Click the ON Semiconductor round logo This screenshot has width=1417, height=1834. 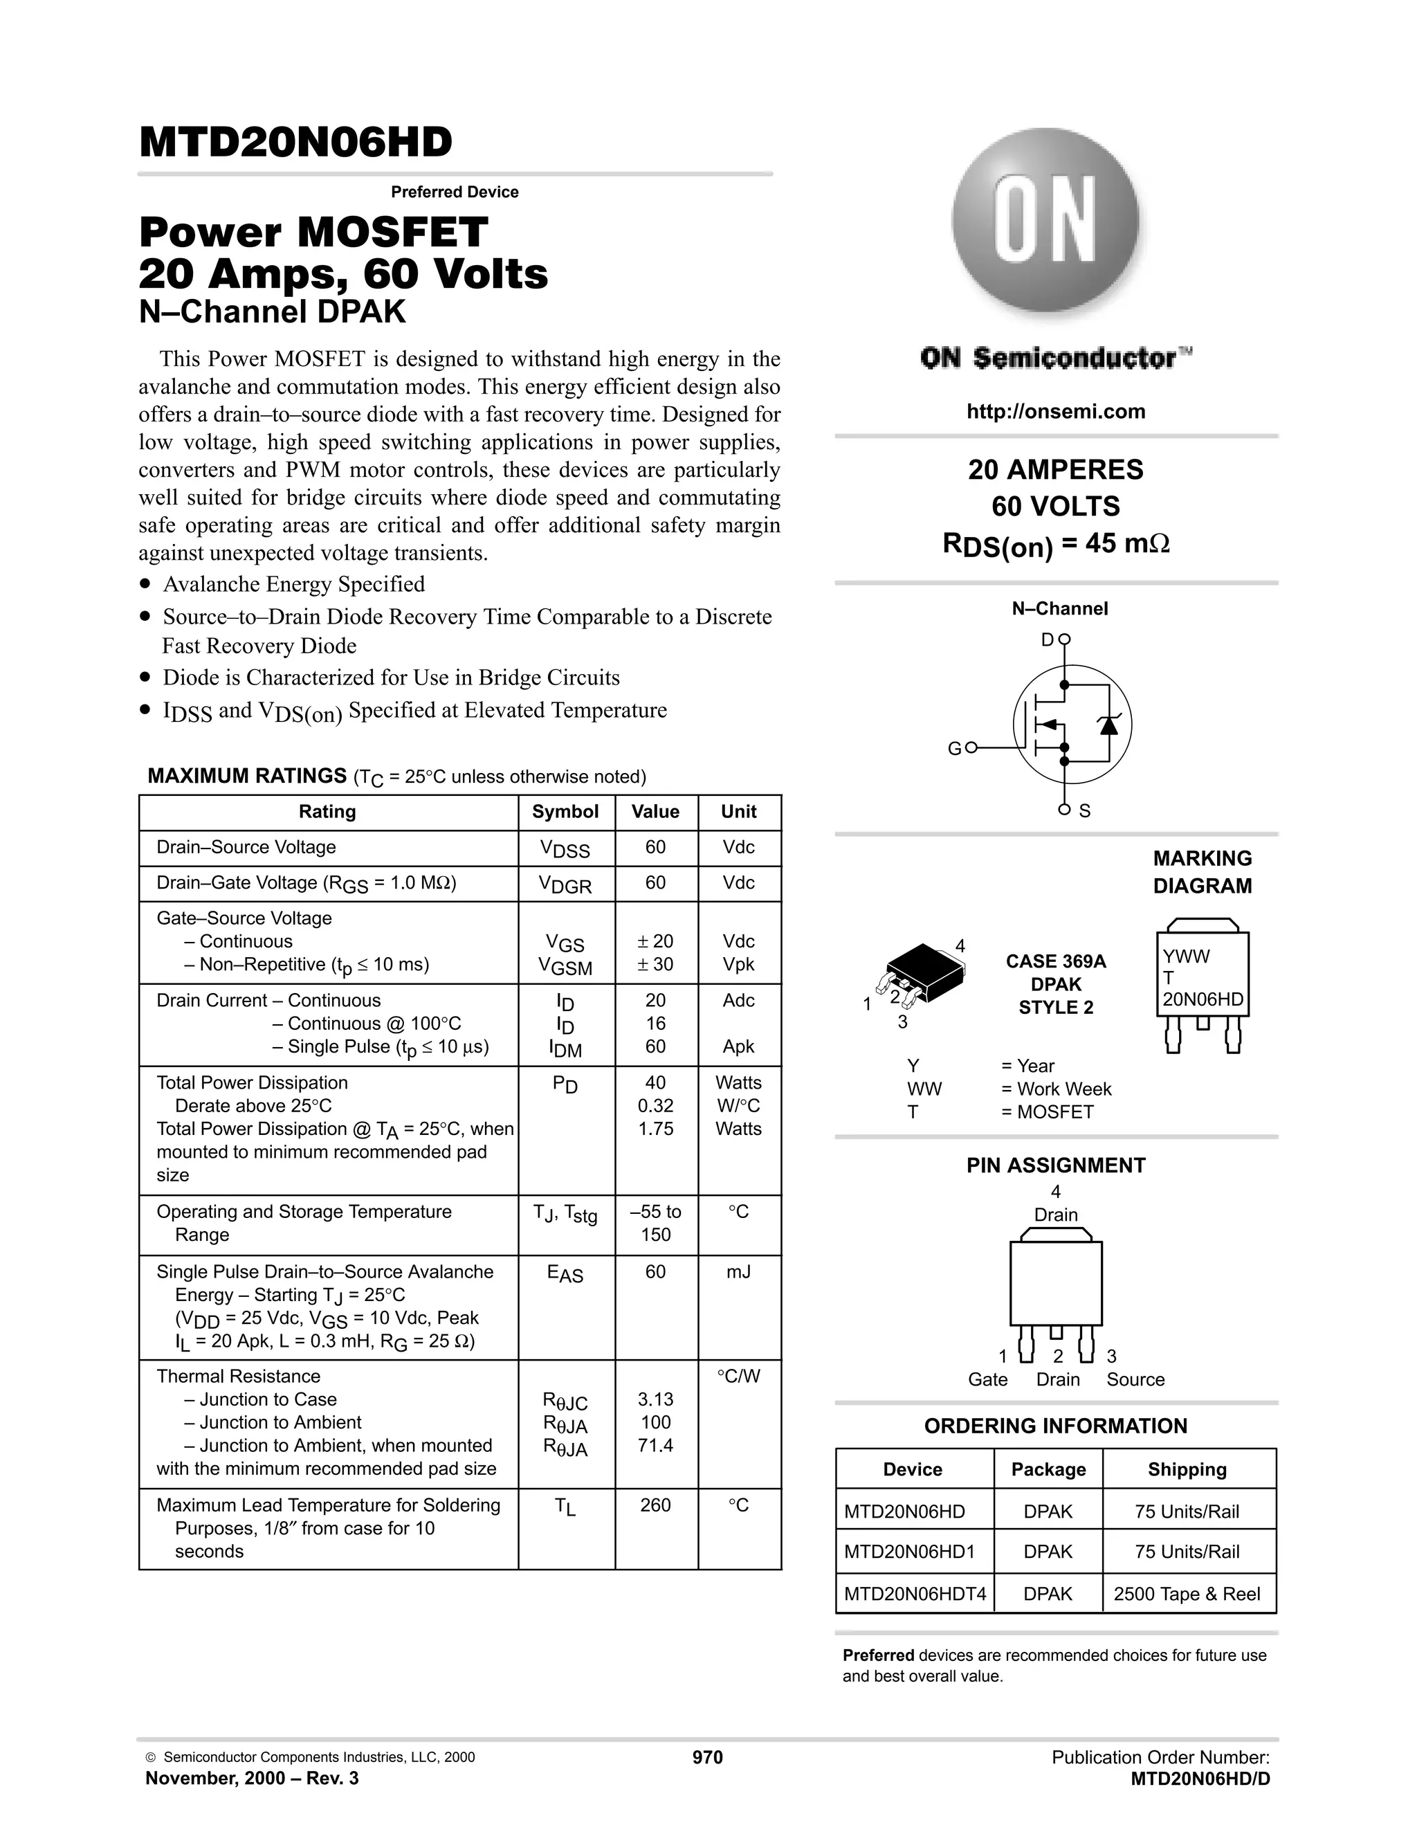click(1045, 220)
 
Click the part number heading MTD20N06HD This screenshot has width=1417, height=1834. click(295, 142)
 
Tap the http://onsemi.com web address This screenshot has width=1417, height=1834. click(1055, 412)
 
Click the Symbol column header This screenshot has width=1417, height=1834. click(565, 812)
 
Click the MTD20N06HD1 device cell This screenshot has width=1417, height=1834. click(909, 1552)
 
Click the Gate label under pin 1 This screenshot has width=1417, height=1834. click(987, 1380)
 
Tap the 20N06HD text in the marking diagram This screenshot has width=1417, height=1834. click(1202, 999)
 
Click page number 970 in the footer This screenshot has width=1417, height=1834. click(707, 1758)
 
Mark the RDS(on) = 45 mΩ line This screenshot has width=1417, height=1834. click(1055, 544)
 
